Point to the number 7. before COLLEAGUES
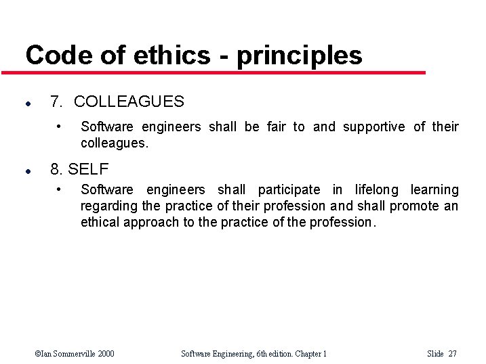[57, 101]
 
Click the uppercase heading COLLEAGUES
[129, 101]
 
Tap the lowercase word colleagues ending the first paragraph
[113, 143]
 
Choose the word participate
[289, 190]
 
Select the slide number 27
[453, 353]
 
